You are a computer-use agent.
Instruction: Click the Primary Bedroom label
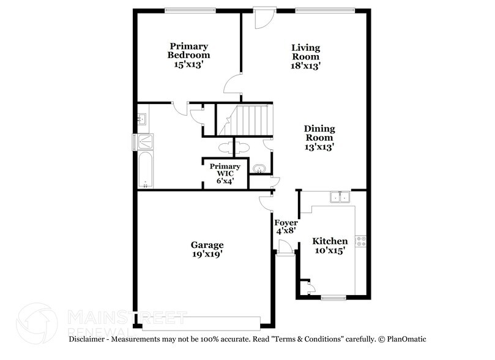[188, 55]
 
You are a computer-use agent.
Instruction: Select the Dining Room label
[319, 138]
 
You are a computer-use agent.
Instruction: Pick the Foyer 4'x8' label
[286, 227]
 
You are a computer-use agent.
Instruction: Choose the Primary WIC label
[225, 171]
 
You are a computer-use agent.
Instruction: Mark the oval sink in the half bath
[258, 168]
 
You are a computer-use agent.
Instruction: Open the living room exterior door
[262, 17]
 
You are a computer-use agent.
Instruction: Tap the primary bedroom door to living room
[233, 85]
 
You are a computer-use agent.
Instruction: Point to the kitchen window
[333, 298]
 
